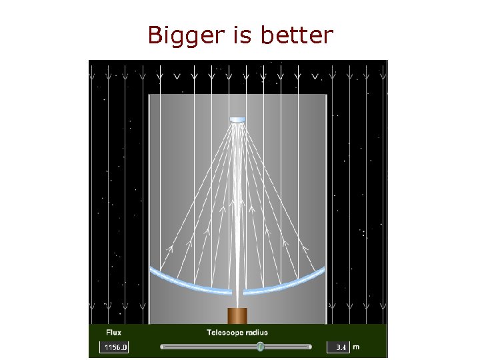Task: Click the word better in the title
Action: click(x=296, y=35)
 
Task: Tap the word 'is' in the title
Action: click(x=242, y=35)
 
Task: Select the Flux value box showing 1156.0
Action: click(x=115, y=347)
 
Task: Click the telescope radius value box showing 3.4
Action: click(x=338, y=347)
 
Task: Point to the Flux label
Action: click(x=114, y=333)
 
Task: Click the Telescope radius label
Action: click(x=237, y=333)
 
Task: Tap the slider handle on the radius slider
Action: click(x=260, y=347)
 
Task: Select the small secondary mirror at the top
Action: click(x=238, y=120)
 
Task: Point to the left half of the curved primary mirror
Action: click(x=190, y=283)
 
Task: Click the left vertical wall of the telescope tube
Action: click(x=149, y=200)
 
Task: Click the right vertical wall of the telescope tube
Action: click(x=327, y=200)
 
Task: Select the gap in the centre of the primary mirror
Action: click(x=238, y=292)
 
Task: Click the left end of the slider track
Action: click(x=163, y=347)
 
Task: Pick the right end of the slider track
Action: click(x=310, y=347)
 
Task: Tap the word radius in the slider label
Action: click(x=257, y=333)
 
